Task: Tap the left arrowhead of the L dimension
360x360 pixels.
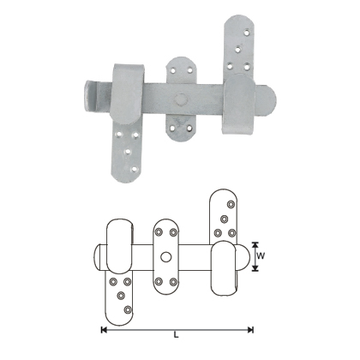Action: (104, 329)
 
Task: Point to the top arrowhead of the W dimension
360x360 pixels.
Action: (255, 243)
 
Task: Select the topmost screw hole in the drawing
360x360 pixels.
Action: (228, 203)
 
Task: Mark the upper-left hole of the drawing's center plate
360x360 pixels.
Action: (157, 231)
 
